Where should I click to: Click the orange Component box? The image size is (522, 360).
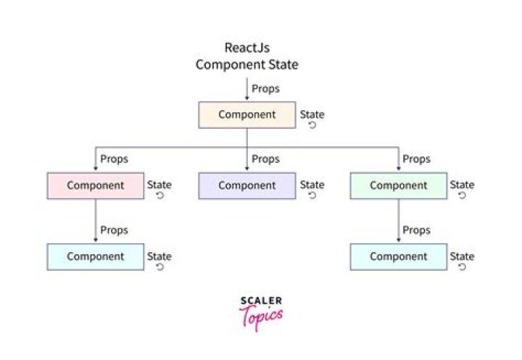(x=247, y=115)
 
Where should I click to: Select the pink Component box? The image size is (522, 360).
(x=96, y=185)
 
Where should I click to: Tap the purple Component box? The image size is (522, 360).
(x=247, y=185)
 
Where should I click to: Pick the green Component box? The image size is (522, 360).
(x=398, y=185)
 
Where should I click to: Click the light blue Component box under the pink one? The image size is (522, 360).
(x=96, y=257)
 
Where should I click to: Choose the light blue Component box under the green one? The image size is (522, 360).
(x=398, y=257)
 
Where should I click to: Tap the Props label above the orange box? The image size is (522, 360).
(x=266, y=88)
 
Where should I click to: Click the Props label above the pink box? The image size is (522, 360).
(x=114, y=159)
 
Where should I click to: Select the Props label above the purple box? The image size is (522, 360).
(x=265, y=159)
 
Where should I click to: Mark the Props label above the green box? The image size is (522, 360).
(x=416, y=159)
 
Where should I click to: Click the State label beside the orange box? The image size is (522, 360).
(x=312, y=114)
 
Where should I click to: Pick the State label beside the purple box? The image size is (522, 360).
(x=312, y=185)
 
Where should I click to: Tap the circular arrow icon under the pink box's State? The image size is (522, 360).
(x=159, y=196)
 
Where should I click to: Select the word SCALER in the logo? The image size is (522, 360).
(x=260, y=301)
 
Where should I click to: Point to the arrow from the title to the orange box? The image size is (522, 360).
(x=247, y=88)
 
